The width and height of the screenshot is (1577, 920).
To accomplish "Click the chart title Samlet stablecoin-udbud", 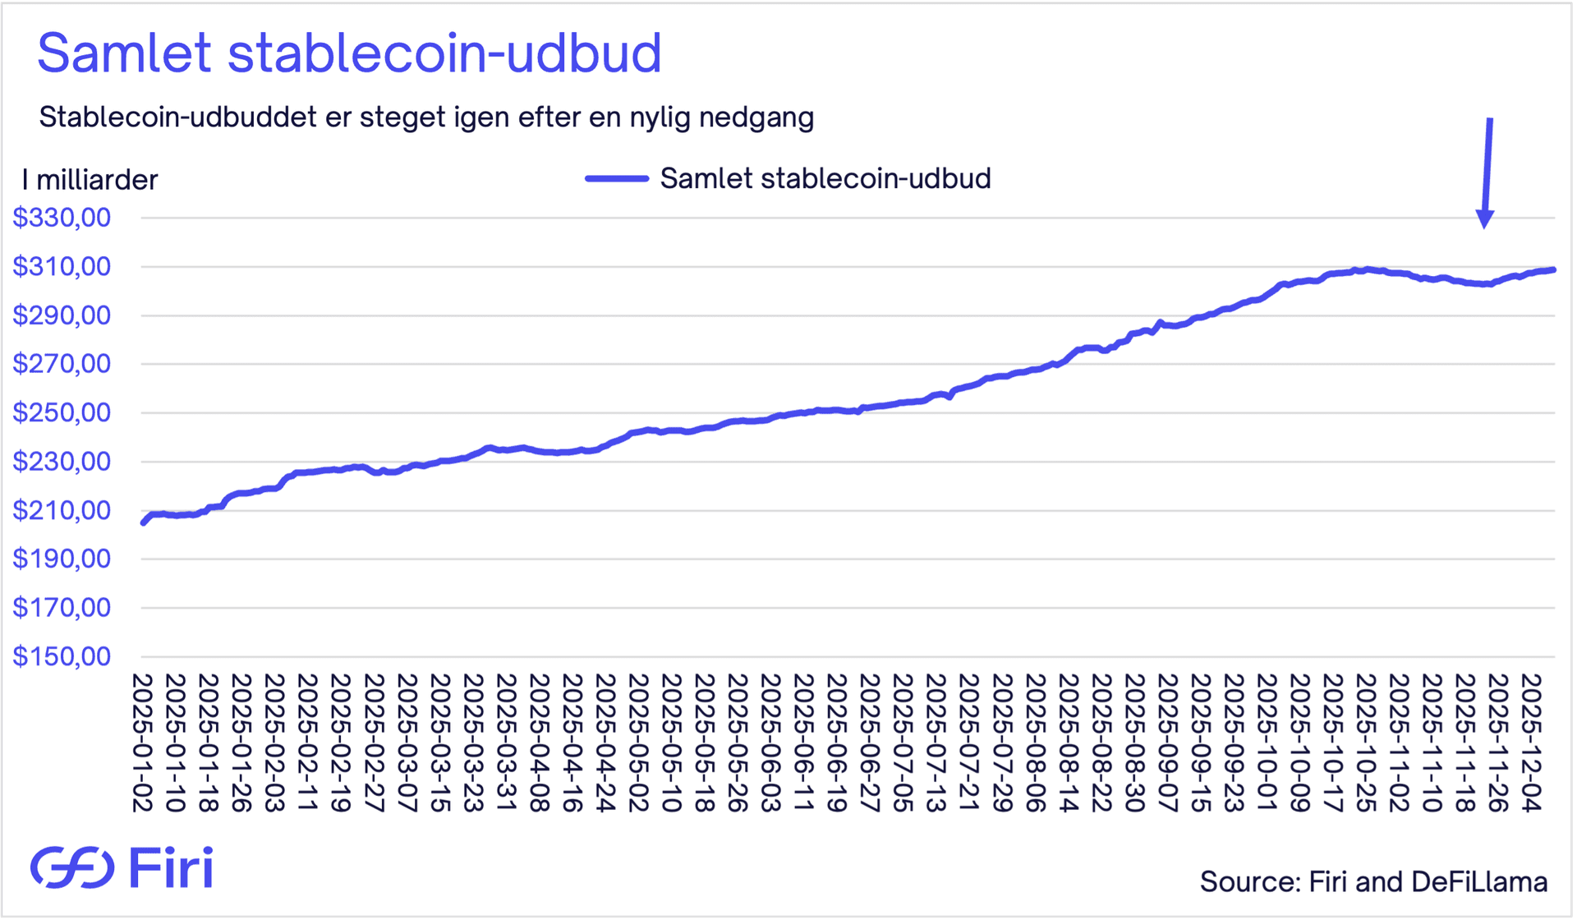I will click(349, 53).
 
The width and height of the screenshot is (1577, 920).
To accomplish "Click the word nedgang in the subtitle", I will click(756, 117).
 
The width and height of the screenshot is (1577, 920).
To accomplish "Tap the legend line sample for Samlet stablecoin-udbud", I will click(617, 178).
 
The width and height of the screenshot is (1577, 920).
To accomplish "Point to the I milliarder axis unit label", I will click(90, 180).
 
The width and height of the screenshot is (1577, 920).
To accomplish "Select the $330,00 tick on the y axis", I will click(62, 218).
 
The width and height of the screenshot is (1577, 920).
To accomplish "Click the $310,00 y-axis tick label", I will click(62, 266).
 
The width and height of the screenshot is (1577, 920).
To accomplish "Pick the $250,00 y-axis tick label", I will click(62, 412).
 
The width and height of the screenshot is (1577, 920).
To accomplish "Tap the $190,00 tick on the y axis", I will click(62, 559).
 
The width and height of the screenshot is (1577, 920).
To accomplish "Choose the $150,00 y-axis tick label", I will click(62, 656).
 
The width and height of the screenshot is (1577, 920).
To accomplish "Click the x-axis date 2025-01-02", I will click(143, 743).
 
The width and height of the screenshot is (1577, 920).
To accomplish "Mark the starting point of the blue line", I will click(144, 522).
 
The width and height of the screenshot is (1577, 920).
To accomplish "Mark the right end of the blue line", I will click(1553, 269).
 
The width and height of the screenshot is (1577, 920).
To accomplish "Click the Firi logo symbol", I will click(72, 867).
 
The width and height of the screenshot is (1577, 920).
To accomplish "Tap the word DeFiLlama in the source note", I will click(1479, 881).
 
